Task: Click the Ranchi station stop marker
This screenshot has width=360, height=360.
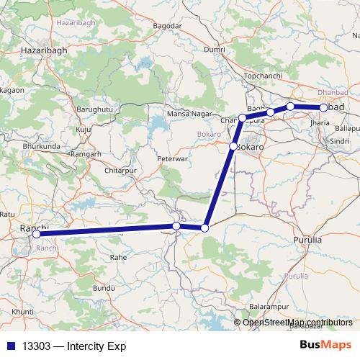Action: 36,234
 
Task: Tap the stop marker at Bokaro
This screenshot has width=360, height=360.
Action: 233,147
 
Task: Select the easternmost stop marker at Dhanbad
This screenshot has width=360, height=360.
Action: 323,108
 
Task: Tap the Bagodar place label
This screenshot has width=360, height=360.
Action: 168,27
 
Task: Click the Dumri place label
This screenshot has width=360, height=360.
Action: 215,49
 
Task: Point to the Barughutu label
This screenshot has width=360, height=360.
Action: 90,109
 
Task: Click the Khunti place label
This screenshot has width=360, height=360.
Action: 24,310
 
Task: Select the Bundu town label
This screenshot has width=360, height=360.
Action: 104,287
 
